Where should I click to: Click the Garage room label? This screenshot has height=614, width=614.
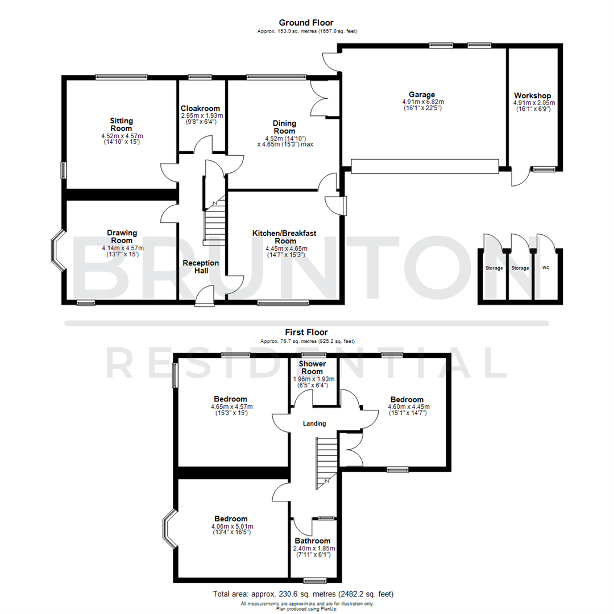pyautogui.click(x=421, y=94)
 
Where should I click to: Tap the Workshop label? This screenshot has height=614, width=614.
pyautogui.click(x=532, y=95)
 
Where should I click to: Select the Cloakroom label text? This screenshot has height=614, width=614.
pyautogui.click(x=200, y=108)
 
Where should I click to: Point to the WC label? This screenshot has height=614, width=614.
pyautogui.click(x=546, y=268)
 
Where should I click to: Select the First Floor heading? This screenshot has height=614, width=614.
pyautogui.click(x=306, y=333)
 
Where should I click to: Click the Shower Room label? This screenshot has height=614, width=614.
pyautogui.click(x=312, y=367)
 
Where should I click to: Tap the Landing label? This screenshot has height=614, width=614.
pyautogui.click(x=314, y=424)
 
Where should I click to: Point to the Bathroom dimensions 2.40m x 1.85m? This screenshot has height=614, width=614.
pyautogui.click(x=314, y=549)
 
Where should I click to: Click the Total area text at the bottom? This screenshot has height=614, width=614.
pyautogui.click(x=303, y=594)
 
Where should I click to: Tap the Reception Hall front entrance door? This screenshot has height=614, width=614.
pyautogui.click(x=204, y=295)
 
